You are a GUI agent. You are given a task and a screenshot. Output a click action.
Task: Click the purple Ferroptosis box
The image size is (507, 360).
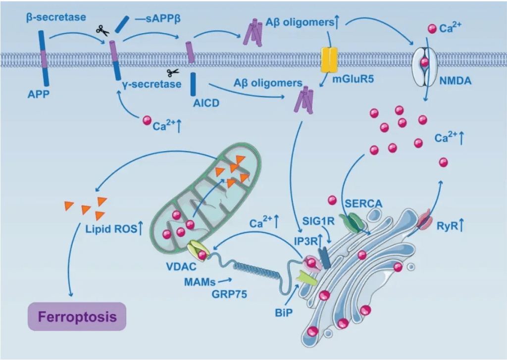77,316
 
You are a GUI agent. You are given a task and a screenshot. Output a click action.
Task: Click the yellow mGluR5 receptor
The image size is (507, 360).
329,59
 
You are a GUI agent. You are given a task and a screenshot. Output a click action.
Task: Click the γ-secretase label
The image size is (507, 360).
151,85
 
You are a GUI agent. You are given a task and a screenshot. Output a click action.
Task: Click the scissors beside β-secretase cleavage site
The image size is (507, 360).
102,31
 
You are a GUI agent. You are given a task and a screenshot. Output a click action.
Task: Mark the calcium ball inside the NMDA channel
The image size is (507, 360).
425,62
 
